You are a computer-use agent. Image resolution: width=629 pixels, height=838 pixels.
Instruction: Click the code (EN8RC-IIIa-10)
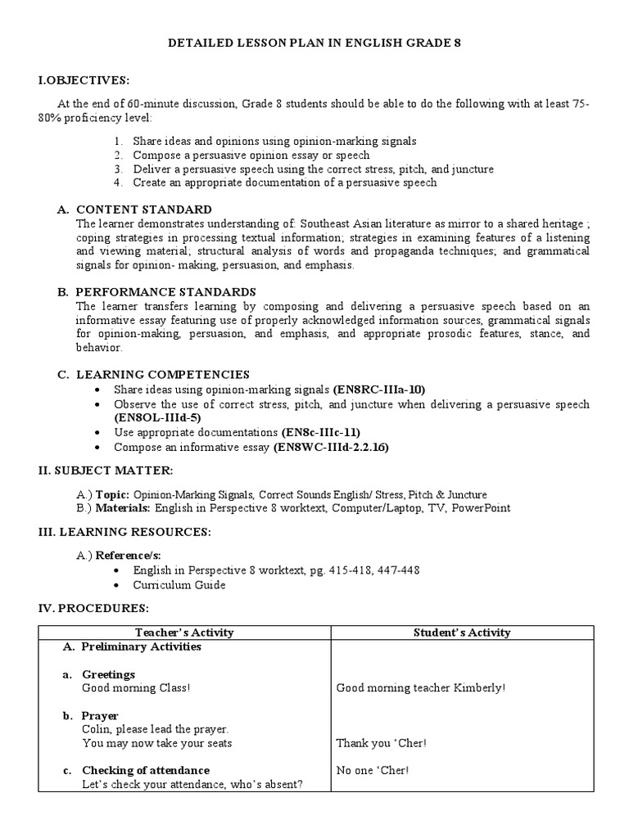tap(379, 390)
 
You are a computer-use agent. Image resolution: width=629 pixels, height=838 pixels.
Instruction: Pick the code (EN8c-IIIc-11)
tap(320, 432)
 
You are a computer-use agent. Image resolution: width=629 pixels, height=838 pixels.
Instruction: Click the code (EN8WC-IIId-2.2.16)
tap(332, 447)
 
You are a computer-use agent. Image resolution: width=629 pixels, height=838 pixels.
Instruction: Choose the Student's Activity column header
tap(462, 632)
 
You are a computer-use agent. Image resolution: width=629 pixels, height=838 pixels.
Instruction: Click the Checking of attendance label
tap(146, 770)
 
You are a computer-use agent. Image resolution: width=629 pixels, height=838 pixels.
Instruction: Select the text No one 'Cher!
tap(373, 770)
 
